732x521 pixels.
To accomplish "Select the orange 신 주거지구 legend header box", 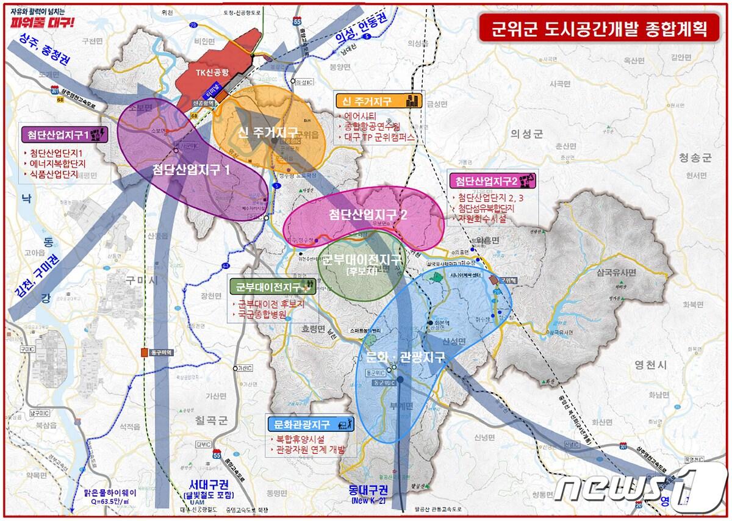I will coord(379,101).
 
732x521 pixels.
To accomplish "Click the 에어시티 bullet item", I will coord(361,116).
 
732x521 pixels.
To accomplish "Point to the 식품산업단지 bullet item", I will coord(55,174).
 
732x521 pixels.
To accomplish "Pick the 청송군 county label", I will coord(695,157).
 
